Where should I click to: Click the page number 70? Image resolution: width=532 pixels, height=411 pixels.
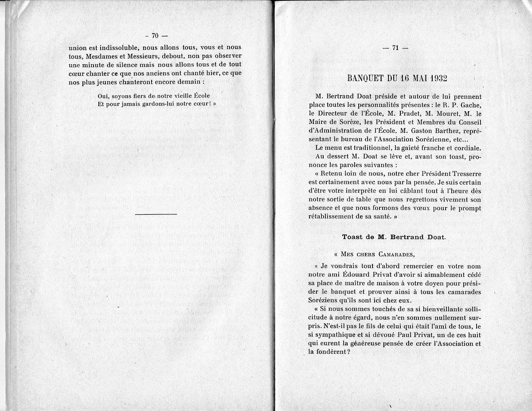(x=155, y=36)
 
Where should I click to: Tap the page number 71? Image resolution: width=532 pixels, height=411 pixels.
(x=395, y=49)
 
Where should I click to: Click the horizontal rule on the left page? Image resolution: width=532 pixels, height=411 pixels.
(x=155, y=214)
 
